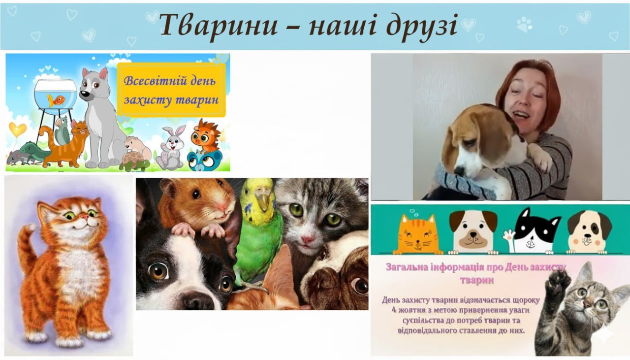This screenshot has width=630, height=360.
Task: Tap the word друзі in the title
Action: [422, 27]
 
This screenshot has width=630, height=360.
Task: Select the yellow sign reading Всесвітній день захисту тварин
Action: [171, 90]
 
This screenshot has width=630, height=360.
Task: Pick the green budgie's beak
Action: [263, 201]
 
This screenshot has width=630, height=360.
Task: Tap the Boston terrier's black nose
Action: [198, 300]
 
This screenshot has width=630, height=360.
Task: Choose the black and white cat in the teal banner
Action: [536, 231]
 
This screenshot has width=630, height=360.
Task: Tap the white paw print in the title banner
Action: [525, 24]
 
